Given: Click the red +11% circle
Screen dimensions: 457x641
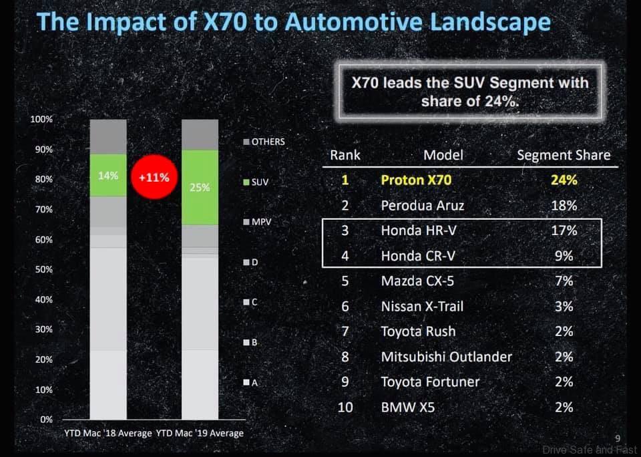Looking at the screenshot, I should click(x=154, y=178).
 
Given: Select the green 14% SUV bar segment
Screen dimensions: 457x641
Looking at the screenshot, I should click(x=108, y=176).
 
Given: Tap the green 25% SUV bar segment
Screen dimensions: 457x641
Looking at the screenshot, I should click(x=200, y=188).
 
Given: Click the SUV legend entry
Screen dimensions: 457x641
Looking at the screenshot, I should click(x=256, y=182).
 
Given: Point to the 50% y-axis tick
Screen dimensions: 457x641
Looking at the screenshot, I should click(x=44, y=269).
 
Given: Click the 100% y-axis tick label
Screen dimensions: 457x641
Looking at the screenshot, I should click(x=41, y=119).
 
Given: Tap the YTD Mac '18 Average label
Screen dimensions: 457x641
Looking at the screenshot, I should click(x=108, y=433).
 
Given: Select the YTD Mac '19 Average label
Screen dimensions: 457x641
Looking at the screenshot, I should click(x=200, y=433).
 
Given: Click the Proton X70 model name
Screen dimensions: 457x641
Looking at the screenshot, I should click(x=416, y=180).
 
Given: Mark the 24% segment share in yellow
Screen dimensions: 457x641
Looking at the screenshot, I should click(x=564, y=180).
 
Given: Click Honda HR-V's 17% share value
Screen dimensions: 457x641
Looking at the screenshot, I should click(x=564, y=231).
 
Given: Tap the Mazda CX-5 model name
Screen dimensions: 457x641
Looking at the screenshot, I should click(x=417, y=281).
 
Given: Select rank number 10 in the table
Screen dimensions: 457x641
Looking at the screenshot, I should click(x=345, y=406).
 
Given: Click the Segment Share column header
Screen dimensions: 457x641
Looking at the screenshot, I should click(x=564, y=156).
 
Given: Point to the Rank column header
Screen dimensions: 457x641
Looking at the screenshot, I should click(x=345, y=155).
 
